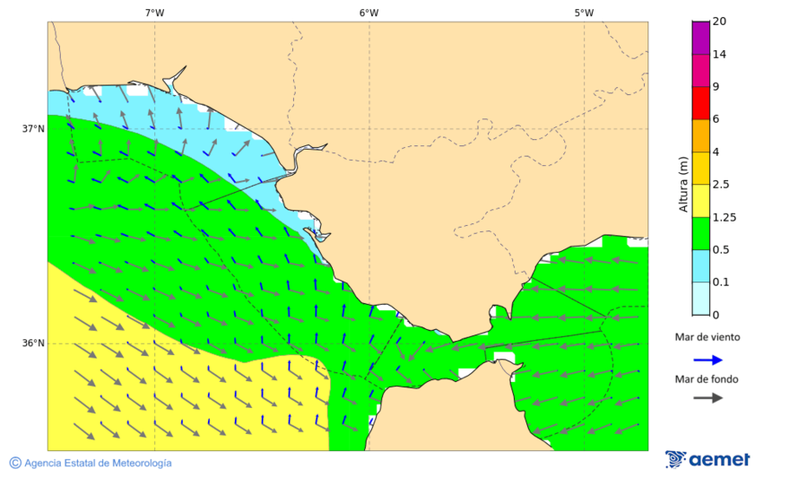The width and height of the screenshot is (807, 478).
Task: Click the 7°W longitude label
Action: click(x=154, y=13)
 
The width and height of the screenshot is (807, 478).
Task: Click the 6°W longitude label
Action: click(x=369, y=13)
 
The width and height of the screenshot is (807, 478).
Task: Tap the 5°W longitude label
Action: click(x=584, y=13)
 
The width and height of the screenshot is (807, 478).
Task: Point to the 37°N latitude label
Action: click(x=33, y=128)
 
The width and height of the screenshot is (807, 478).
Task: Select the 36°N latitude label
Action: click(x=33, y=343)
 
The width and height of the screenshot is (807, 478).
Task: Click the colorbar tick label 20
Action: click(x=719, y=22)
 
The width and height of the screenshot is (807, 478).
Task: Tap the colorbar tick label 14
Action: click(x=719, y=55)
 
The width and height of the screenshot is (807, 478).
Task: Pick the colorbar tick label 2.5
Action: click(x=721, y=185)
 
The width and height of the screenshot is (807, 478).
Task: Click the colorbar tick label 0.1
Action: click(x=721, y=282)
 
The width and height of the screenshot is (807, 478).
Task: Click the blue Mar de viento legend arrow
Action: click(x=708, y=360)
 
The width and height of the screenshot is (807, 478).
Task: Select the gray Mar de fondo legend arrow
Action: click(x=708, y=397)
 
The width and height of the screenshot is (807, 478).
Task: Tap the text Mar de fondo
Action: click(x=707, y=378)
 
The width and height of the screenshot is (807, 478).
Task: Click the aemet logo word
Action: click(x=719, y=460)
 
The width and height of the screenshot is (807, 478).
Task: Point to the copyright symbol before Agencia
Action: click(x=15, y=463)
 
